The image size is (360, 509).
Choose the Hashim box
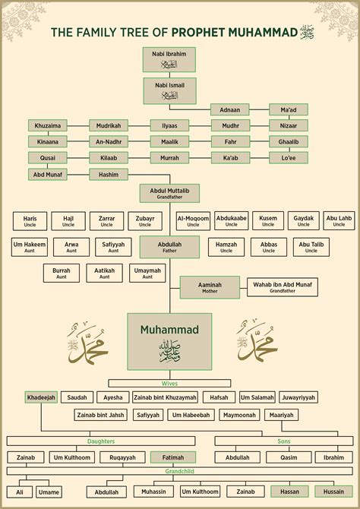point(109,174)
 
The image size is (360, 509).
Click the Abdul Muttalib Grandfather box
point(169,192)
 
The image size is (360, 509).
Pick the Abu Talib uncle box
point(311,248)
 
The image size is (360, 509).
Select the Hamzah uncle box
point(226,248)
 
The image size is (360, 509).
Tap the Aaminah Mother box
point(210,287)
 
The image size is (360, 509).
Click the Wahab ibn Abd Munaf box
point(282,287)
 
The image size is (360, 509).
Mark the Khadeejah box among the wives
point(42,397)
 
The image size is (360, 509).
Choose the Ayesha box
point(113,397)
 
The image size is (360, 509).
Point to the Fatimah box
point(172,457)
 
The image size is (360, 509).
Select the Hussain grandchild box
point(334,492)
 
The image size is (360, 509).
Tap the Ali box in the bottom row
point(21,492)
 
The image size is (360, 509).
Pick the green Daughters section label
point(102,441)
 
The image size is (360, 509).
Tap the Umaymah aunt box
point(147,273)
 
